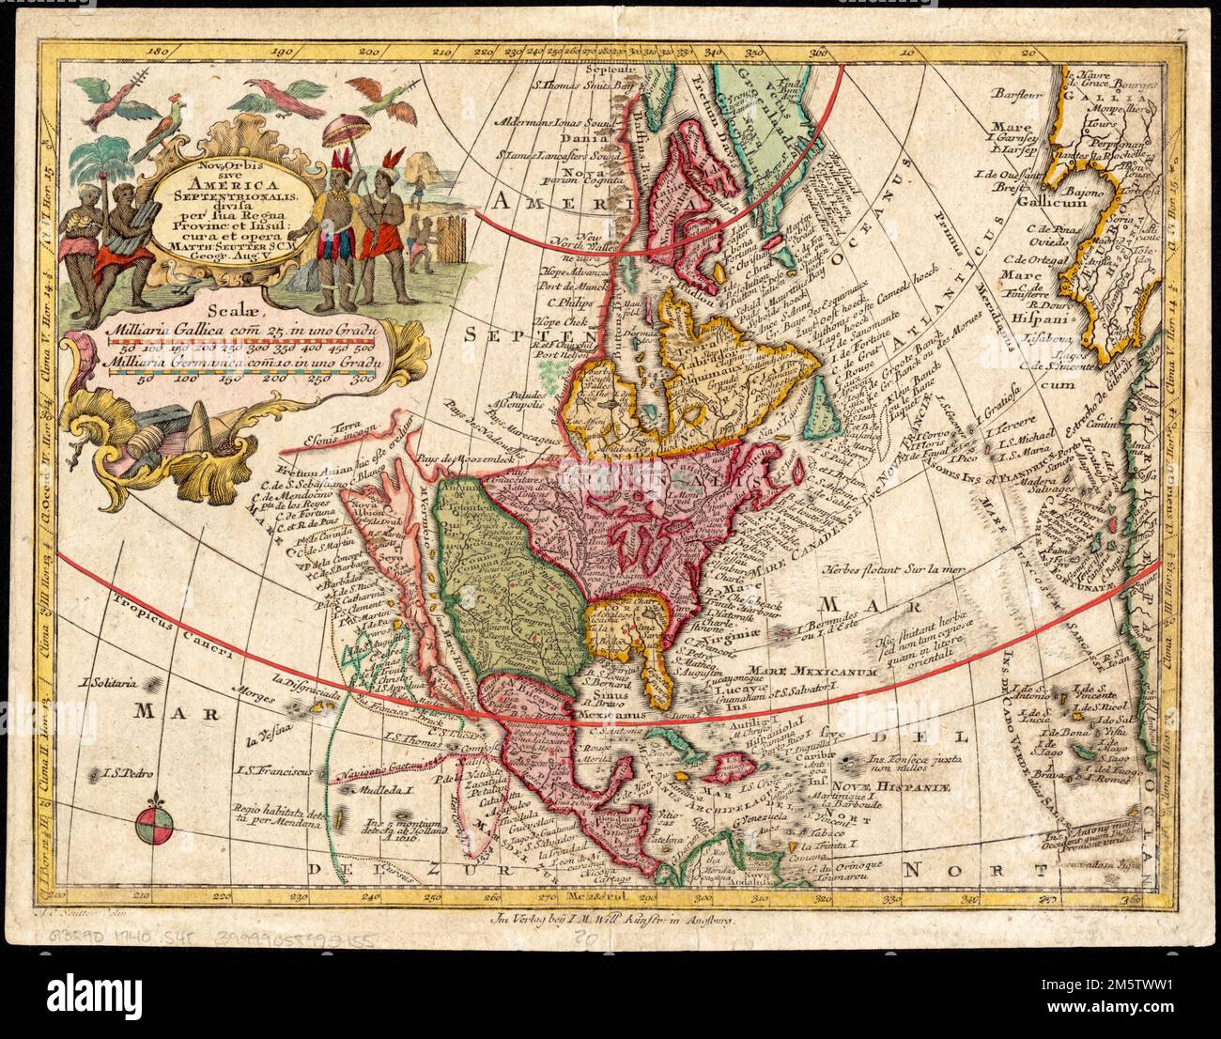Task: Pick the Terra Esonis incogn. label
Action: pos(343,429)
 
